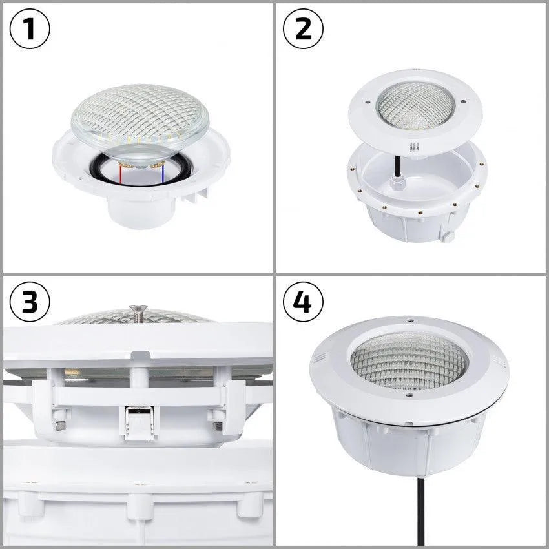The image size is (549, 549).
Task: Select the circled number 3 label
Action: point(30,302)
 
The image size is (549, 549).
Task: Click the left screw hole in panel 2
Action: point(366,101)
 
